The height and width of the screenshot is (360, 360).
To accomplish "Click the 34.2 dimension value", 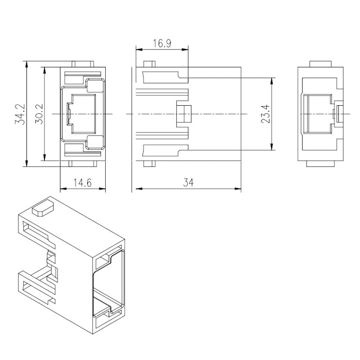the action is (x=20, y=114).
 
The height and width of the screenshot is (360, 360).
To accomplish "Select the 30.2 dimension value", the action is (x=39, y=114).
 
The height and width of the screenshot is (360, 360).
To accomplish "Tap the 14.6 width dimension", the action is (x=82, y=183).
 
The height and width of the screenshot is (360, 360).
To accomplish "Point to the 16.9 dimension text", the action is (x=162, y=43).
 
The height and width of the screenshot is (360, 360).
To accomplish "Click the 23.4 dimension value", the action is (x=265, y=114).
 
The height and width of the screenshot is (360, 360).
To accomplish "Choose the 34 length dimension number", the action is (x=188, y=183).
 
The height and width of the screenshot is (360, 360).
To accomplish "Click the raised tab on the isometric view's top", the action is (x=43, y=208).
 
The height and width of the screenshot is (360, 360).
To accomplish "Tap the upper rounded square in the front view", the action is (x=95, y=85).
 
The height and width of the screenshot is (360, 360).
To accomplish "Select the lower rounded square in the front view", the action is (x=95, y=142).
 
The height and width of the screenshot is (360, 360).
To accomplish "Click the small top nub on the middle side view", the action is (x=149, y=64).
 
